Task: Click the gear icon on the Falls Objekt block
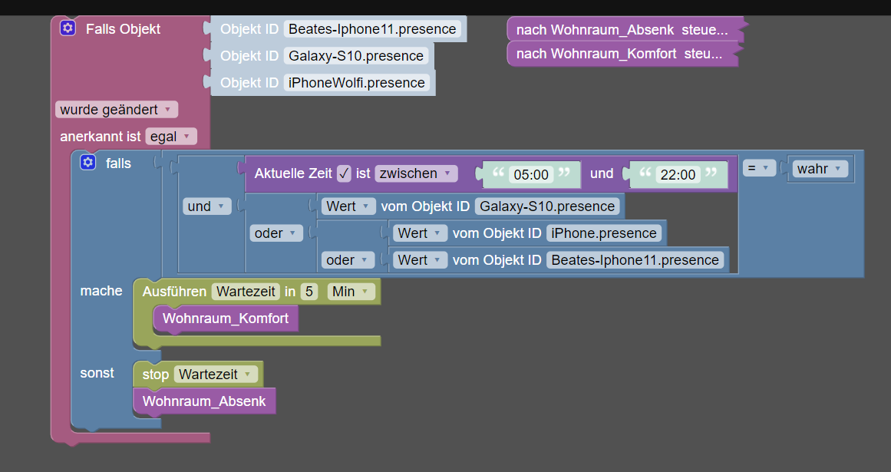tap(68, 28)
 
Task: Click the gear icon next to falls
tap(87, 163)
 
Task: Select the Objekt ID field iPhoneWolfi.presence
tap(356, 82)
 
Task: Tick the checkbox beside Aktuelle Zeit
tap(344, 173)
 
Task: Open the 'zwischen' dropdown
tap(416, 173)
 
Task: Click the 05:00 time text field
tap(531, 174)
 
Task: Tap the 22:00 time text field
tap(678, 174)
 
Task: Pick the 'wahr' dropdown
tap(820, 169)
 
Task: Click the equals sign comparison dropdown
tap(758, 168)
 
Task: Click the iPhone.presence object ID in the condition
tap(603, 233)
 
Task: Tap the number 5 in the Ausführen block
tap(309, 292)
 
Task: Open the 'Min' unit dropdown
tap(351, 292)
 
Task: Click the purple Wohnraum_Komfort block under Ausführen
tap(226, 318)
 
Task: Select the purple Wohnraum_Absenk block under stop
tap(204, 401)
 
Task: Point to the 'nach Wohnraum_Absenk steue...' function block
tap(625, 29)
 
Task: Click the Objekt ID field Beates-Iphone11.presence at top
tap(372, 29)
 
